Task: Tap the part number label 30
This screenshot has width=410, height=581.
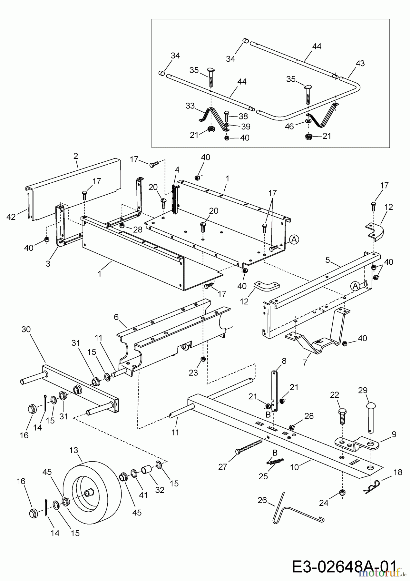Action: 26,330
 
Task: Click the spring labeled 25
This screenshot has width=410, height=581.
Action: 275,462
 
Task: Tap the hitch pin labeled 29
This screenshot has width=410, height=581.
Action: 370,416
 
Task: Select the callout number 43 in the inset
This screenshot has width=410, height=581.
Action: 360,63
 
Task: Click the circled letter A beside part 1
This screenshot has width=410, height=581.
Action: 294,239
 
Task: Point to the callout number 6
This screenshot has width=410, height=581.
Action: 116,317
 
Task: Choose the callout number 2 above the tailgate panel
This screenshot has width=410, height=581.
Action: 76,156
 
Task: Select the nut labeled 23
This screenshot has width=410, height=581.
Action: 203,359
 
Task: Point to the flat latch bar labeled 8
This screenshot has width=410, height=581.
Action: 274,391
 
